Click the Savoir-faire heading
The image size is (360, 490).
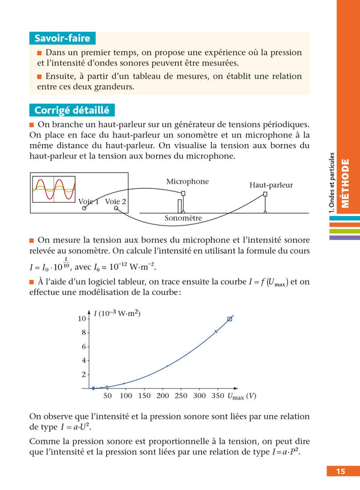click(62, 38)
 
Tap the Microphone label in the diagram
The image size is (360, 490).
click(187, 182)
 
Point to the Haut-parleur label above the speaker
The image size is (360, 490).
click(271, 185)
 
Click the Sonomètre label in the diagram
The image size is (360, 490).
click(183, 219)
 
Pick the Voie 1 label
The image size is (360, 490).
click(89, 202)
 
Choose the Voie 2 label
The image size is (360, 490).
click(116, 202)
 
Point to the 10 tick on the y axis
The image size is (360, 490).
click(82, 318)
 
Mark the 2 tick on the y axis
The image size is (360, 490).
click(85, 375)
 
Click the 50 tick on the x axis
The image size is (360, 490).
click(108, 396)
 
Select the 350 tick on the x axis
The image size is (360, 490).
click(217, 396)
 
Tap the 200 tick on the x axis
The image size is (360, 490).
click(163, 396)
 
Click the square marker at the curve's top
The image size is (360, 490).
click(230, 319)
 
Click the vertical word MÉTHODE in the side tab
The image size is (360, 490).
click(345, 182)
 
